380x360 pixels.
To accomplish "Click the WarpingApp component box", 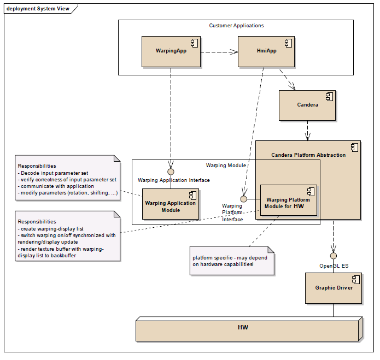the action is [x=171, y=51].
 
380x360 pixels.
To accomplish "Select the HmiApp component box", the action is [x=266, y=51].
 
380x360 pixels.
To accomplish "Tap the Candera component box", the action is [x=307, y=105].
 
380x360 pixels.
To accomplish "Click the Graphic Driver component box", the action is [x=334, y=288].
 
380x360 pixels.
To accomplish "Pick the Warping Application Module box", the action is [x=171, y=204].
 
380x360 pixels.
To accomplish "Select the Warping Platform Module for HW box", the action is [x=288, y=200].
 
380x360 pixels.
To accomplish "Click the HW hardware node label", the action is [x=243, y=327].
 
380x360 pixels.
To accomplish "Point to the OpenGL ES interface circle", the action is [x=333, y=256].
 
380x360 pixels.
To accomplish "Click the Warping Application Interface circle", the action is [x=171, y=172].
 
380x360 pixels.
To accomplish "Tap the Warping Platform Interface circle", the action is [x=243, y=199].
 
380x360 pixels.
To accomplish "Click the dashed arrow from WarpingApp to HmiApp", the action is [x=219, y=52].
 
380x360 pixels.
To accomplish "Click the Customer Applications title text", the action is [x=236, y=26].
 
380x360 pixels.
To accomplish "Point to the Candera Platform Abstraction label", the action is [x=308, y=155].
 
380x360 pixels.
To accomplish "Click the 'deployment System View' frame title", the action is [x=38, y=9].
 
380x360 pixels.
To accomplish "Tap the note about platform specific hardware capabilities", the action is [x=232, y=261].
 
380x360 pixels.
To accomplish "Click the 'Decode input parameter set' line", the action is [x=53, y=173].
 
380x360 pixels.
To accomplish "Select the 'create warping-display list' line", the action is [x=51, y=229].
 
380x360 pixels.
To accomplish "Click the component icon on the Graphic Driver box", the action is [x=356, y=280].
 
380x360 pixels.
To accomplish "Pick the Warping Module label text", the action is [x=226, y=166].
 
